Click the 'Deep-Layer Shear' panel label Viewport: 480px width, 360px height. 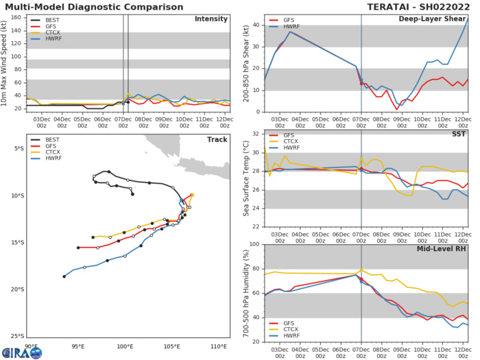[433, 19]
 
